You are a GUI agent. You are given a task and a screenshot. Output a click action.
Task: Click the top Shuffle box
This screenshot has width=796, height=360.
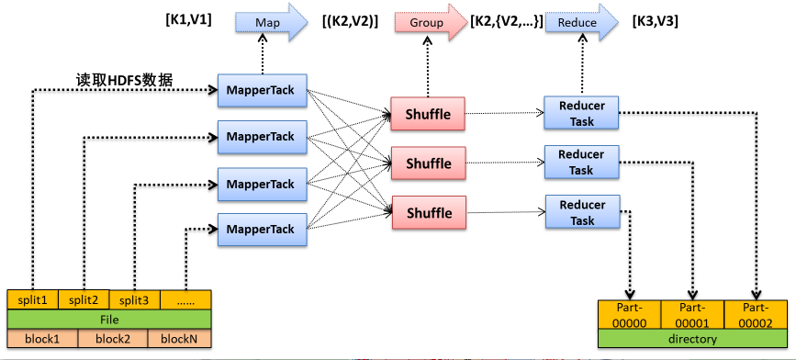click(x=428, y=114)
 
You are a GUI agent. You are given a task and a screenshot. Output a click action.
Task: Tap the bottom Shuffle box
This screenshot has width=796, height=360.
click(x=428, y=213)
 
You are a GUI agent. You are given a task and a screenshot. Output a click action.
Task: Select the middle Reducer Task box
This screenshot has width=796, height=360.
click(x=580, y=162)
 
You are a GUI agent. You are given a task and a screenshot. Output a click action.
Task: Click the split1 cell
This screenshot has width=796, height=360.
click(x=32, y=299)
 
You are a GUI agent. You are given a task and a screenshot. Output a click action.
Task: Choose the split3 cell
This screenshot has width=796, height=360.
click(x=134, y=299)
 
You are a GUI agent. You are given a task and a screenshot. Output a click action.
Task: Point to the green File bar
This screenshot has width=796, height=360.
click(x=109, y=320)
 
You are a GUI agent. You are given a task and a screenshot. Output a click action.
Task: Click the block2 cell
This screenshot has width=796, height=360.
click(x=112, y=339)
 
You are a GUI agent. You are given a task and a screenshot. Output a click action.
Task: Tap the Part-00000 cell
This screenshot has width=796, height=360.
click(x=629, y=315)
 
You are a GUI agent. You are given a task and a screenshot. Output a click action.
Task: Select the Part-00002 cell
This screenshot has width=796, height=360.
click(x=757, y=315)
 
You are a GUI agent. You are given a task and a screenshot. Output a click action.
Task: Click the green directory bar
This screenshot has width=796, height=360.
click(x=692, y=340)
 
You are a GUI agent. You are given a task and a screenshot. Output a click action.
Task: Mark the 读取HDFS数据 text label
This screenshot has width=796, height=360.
click(x=125, y=78)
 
